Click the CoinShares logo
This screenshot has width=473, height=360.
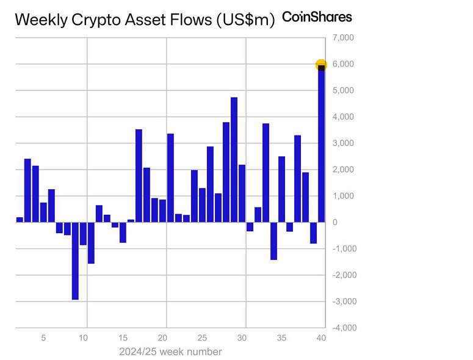coord(317,17)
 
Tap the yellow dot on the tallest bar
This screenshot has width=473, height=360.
coord(321,64)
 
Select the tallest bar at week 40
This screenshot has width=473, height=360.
coord(321,146)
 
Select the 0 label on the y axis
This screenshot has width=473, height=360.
coord(334,222)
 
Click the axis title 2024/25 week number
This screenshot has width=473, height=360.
coord(170,352)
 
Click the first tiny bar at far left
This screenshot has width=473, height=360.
coord(20,219)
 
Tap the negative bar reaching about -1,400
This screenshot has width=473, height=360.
coord(273,240)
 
